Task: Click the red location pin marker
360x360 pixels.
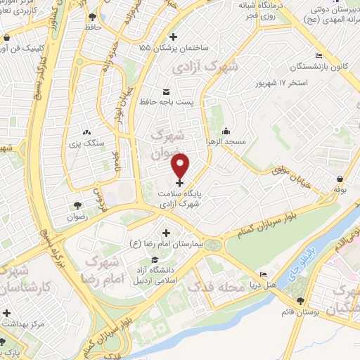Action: [x=181, y=165]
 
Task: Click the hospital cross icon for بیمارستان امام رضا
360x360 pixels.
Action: [x=167, y=233]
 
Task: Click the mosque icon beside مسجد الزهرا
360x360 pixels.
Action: [x=226, y=130]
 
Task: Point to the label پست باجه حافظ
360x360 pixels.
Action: [x=166, y=103]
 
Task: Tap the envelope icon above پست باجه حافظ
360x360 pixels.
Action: [x=166, y=92]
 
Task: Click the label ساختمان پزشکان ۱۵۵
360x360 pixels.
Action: [x=174, y=49]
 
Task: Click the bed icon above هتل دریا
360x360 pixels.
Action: [x=263, y=275]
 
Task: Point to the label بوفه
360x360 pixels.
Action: [x=340, y=188]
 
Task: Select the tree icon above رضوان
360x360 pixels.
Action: [x=77, y=205]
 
